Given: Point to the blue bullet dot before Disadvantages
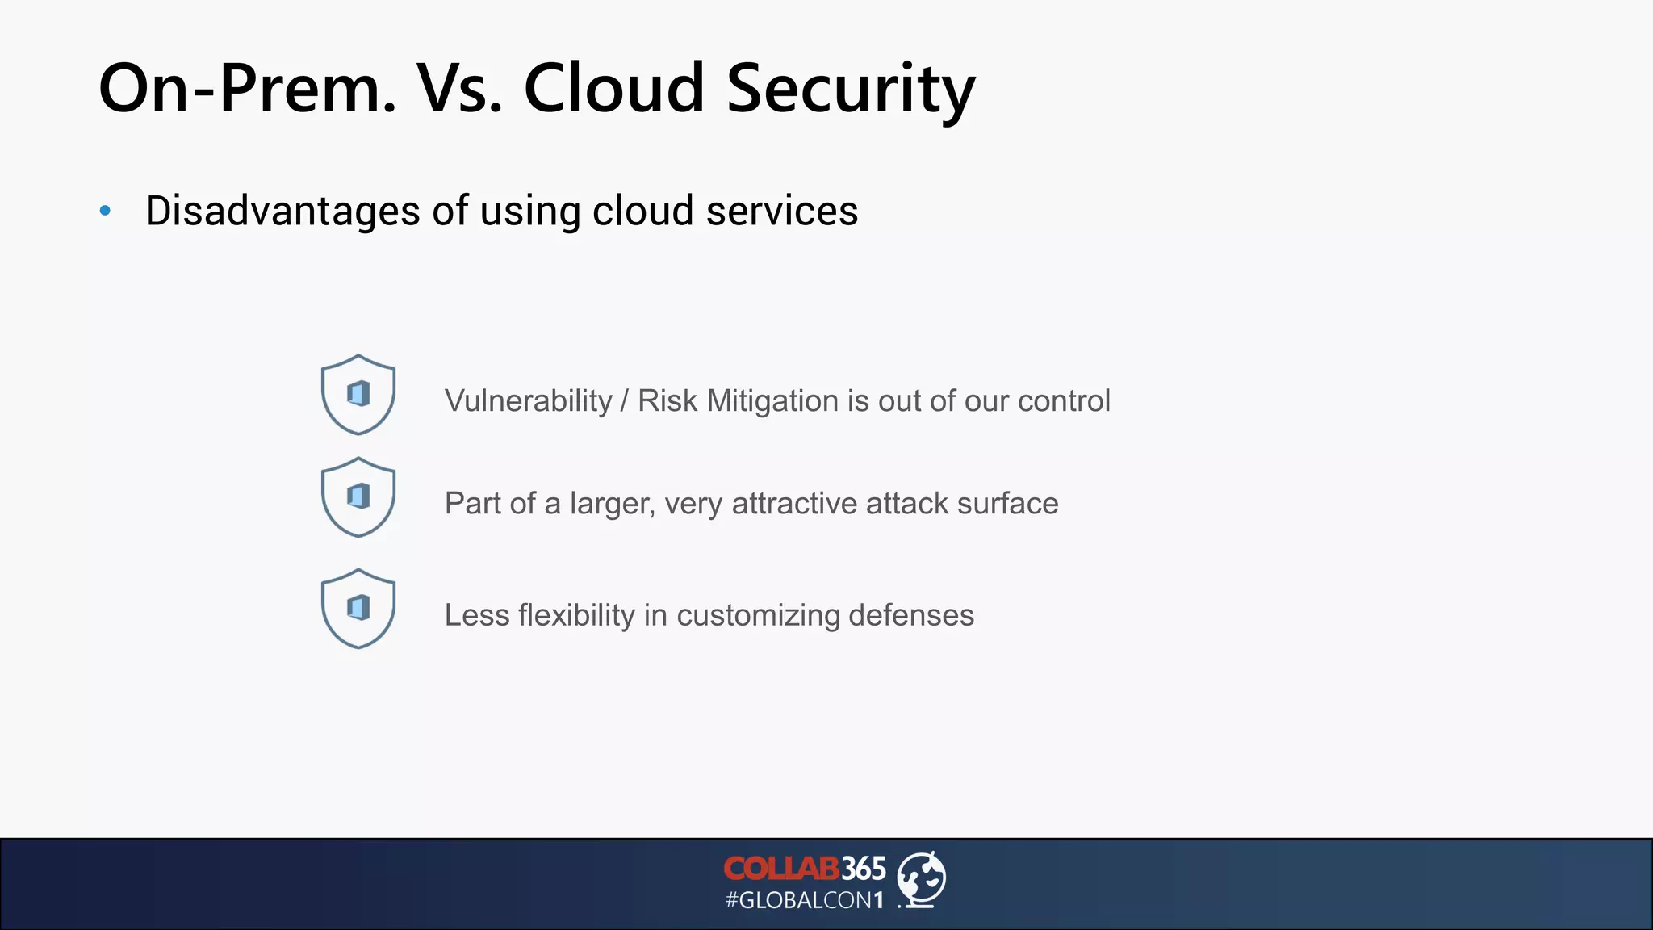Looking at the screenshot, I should click(105, 212).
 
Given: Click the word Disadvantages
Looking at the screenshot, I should click(282, 211).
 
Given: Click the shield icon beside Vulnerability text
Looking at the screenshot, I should click(358, 394).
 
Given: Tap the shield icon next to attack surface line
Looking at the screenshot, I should click(358, 496).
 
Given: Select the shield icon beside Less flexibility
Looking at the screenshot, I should click(358, 608).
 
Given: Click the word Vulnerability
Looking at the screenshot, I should click(529, 401).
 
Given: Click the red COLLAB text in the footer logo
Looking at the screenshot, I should click(781, 869).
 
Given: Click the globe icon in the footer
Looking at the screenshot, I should click(922, 879).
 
